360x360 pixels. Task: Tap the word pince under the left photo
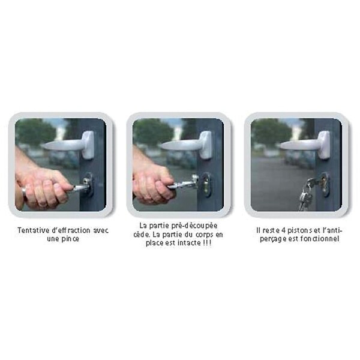[x=70, y=239]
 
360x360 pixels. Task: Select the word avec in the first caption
[x=101, y=230]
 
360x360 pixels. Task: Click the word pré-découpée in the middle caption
[x=194, y=226]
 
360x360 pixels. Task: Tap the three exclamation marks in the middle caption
[x=207, y=243]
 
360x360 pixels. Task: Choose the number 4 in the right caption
[x=283, y=230]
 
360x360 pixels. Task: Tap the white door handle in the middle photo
[x=187, y=145]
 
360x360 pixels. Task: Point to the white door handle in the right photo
[x=305, y=145]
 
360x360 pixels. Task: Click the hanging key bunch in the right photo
[x=307, y=195]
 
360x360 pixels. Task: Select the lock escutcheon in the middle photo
[x=206, y=185]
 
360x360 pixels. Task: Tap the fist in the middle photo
[x=154, y=186]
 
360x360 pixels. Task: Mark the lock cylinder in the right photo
[x=325, y=183]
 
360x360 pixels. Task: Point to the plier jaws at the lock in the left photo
[x=81, y=187]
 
